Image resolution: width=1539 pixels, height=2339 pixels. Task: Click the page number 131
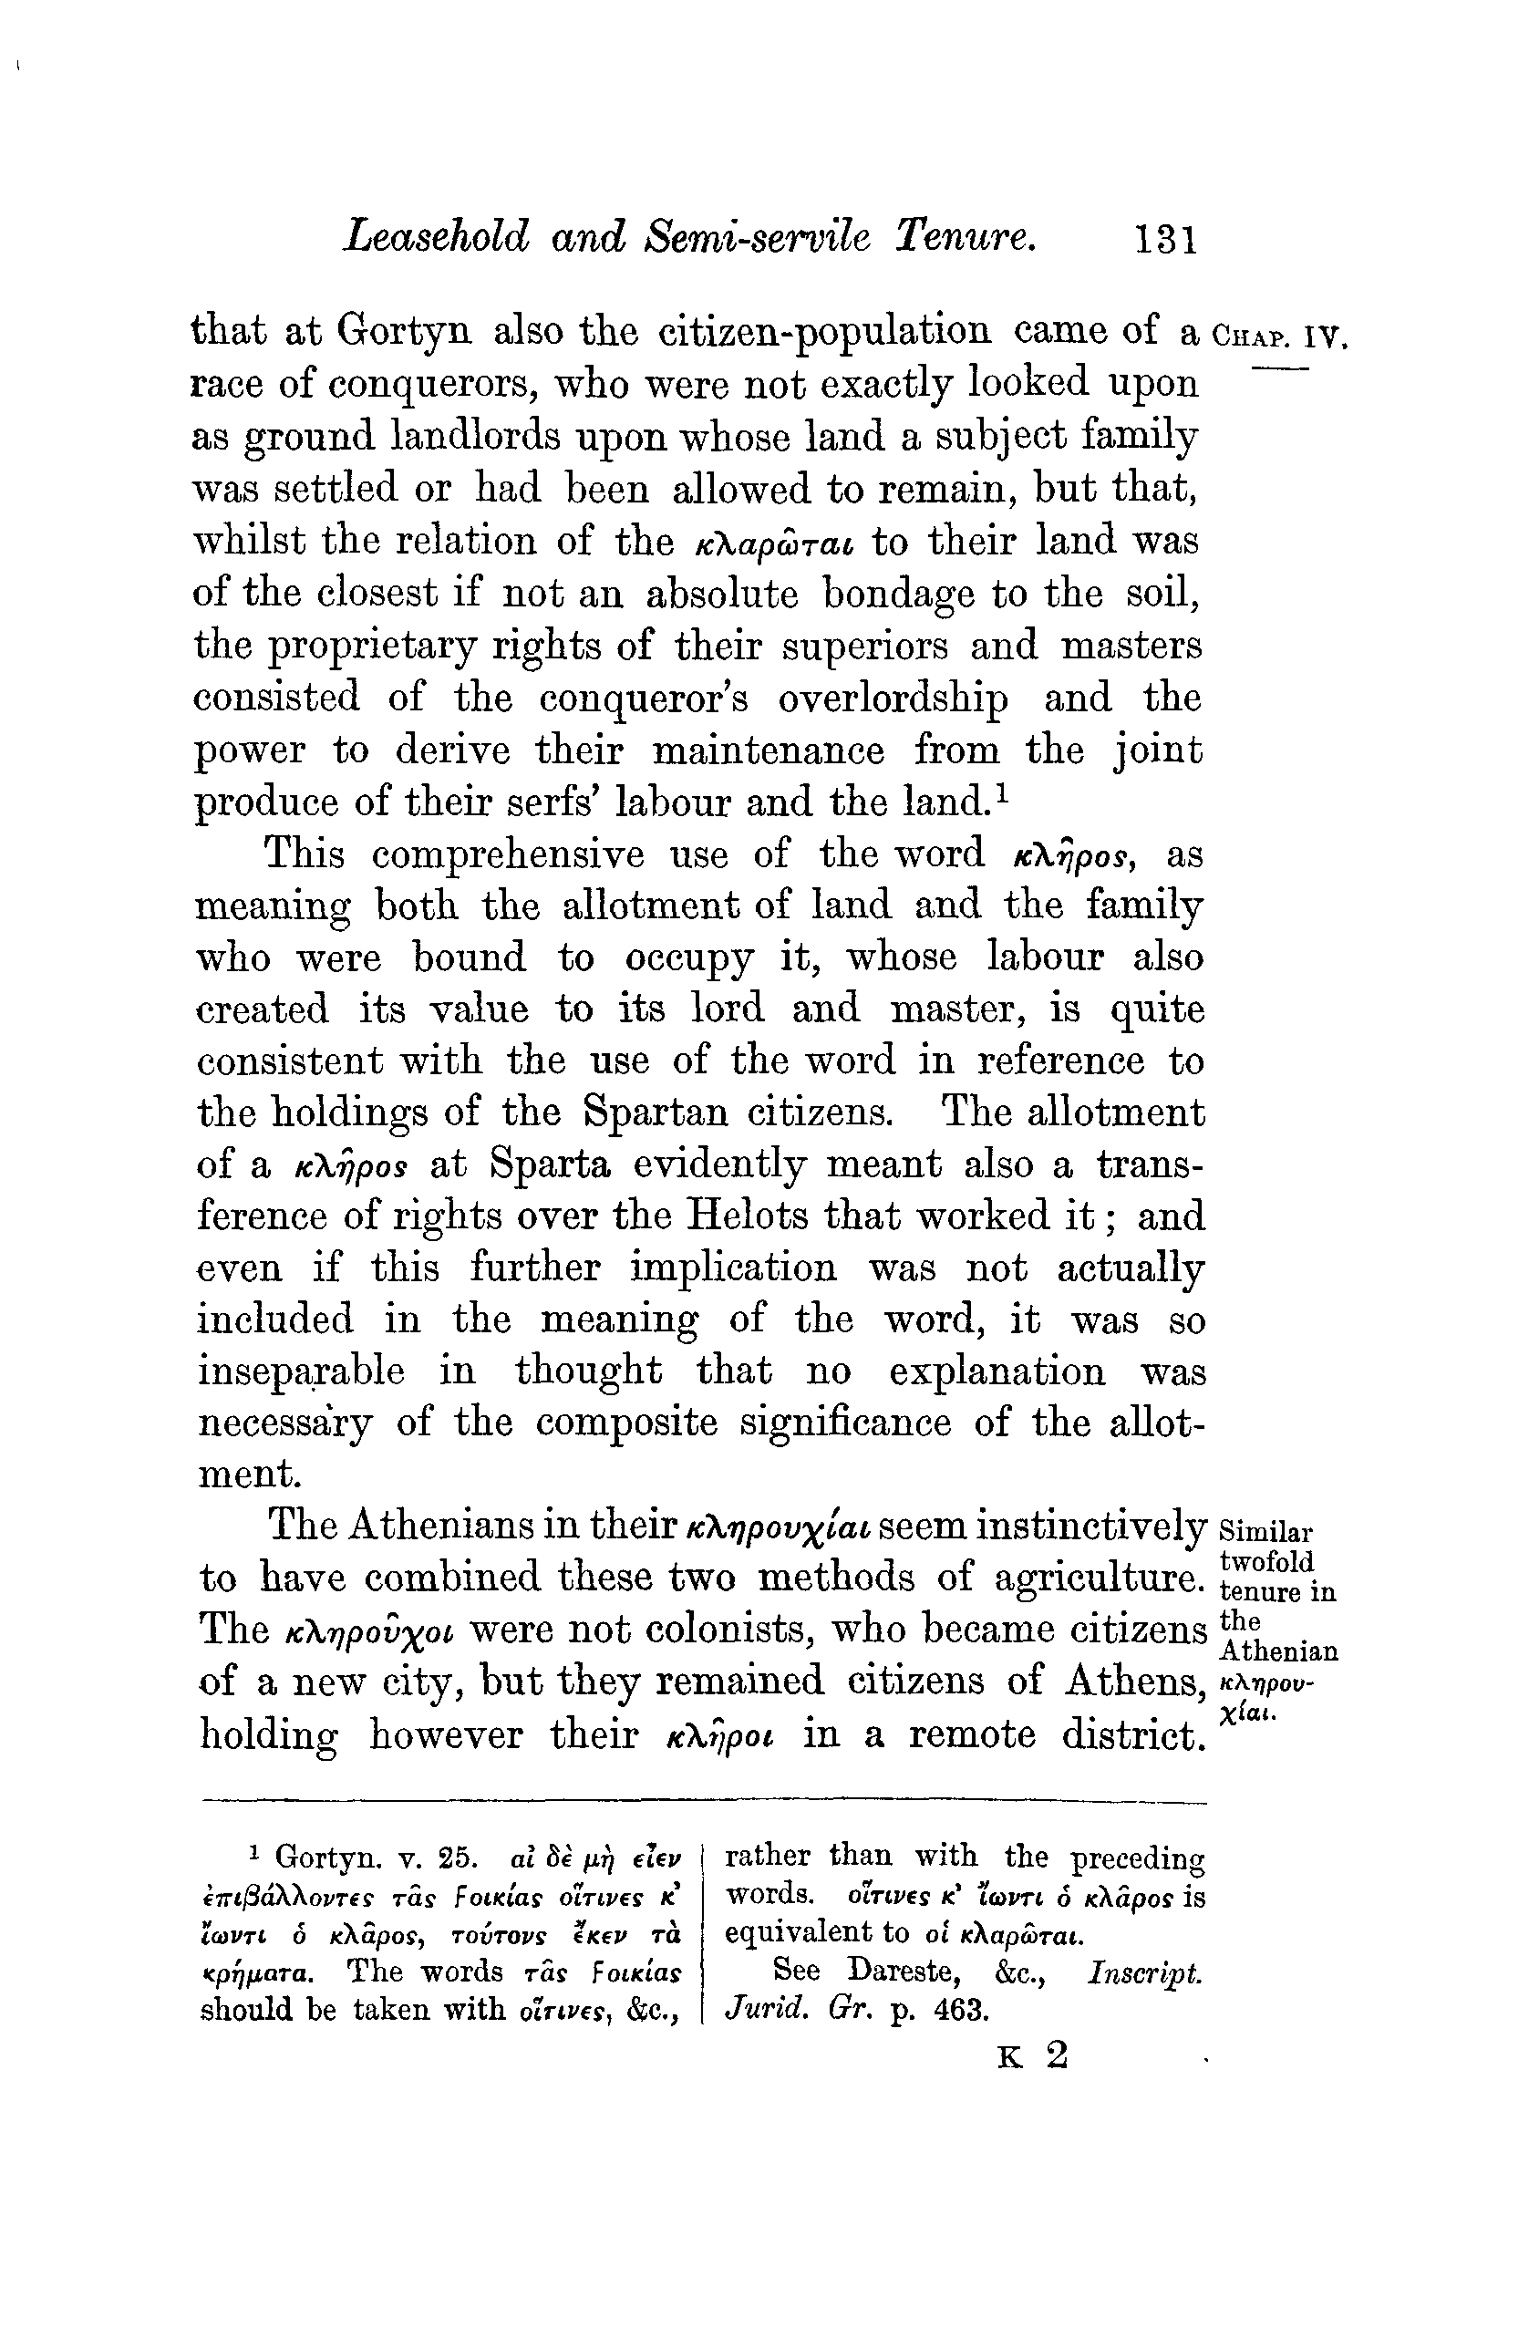[x=1166, y=240]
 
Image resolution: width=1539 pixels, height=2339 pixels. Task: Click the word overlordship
[x=893, y=699]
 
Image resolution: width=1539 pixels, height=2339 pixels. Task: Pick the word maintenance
[x=768, y=750]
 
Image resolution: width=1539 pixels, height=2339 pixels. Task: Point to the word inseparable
[x=301, y=1371]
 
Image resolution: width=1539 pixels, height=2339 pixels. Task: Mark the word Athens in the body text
[x=1135, y=1682]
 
